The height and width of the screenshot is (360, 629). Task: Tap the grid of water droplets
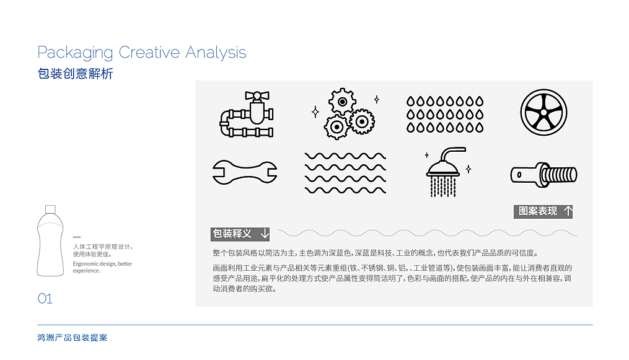click(x=445, y=114)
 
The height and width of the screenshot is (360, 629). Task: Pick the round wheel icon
click(x=543, y=112)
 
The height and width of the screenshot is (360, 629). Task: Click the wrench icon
click(x=245, y=173)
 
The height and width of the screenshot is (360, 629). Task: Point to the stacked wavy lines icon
click(x=345, y=173)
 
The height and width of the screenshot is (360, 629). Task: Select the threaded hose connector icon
click(x=543, y=175)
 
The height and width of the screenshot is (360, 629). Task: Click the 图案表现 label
click(x=537, y=211)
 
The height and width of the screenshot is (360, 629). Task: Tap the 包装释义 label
click(x=232, y=234)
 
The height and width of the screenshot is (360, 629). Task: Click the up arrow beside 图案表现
click(x=568, y=211)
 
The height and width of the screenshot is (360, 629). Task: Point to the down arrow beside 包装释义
click(x=265, y=234)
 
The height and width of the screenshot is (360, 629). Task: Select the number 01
click(x=45, y=299)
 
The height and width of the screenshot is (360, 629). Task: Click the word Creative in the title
click(x=149, y=53)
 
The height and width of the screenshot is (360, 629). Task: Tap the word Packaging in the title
click(x=75, y=53)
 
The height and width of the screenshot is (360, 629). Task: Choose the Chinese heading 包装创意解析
click(x=75, y=73)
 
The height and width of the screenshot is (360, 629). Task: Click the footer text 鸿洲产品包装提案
click(x=73, y=338)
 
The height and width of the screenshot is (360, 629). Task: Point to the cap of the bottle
click(x=50, y=209)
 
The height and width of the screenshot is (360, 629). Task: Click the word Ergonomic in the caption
click(x=85, y=264)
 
